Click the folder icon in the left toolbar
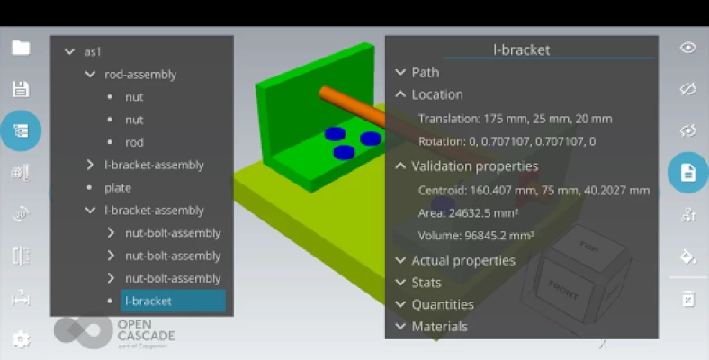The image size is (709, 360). [21, 48]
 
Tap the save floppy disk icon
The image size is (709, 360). [21, 89]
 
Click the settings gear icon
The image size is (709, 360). [21, 339]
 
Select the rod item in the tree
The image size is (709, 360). [134, 142]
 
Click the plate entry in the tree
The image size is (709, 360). [118, 188]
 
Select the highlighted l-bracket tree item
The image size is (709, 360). [173, 301]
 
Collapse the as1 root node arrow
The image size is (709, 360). [69, 51]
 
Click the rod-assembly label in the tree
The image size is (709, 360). [140, 75]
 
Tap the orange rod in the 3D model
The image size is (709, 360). [352, 107]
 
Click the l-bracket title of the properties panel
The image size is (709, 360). [521, 49]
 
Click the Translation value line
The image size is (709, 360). [515, 119]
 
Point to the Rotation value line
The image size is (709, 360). [507, 141]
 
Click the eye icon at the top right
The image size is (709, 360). [687, 48]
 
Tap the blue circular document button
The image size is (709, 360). [687, 172]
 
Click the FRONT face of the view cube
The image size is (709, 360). [564, 290]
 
